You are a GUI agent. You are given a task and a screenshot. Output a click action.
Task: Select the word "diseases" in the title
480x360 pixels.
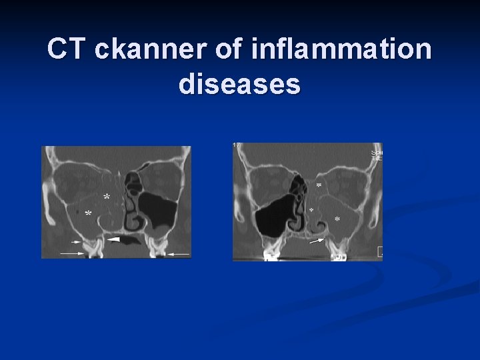[239, 85]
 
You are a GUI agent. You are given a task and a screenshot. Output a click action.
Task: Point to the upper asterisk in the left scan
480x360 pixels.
[106, 198]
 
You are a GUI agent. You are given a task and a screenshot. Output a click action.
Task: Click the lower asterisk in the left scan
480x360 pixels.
[89, 214]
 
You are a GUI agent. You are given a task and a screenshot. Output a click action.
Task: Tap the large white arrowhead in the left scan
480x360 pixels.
[115, 238]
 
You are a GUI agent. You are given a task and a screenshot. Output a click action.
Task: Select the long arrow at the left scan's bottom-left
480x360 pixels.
[71, 253]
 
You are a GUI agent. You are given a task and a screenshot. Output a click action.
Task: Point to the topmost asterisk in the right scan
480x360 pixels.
[319, 185]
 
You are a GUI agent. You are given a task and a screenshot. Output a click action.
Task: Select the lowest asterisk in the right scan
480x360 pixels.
[337, 219]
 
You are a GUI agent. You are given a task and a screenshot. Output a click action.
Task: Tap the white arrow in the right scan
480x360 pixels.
[318, 241]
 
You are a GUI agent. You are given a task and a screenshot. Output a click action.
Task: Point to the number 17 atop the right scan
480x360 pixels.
[236, 145]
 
